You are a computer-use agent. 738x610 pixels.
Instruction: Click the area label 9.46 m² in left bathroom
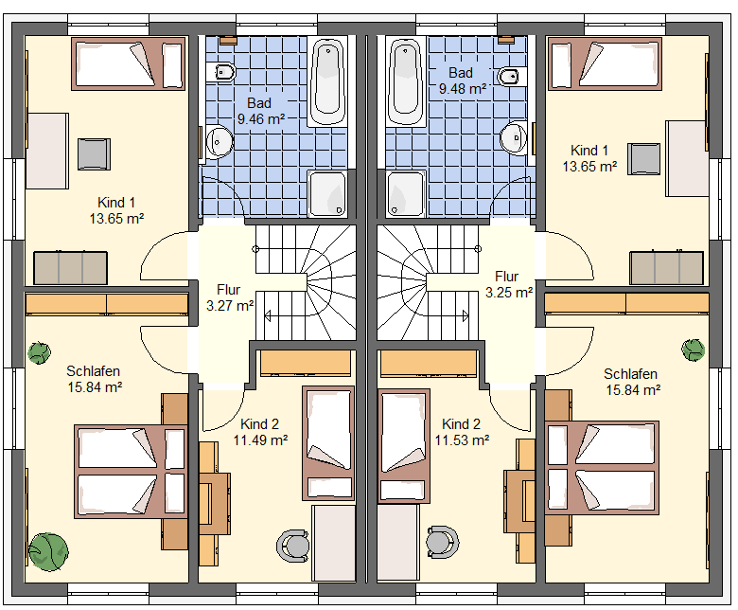coord(261,119)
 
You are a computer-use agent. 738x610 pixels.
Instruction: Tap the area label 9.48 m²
coord(463,88)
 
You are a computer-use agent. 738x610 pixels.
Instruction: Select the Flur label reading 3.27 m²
coord(230,306)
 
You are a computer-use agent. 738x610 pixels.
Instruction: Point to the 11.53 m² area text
coord(462,440)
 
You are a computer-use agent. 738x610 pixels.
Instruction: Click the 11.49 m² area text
coord(261,440)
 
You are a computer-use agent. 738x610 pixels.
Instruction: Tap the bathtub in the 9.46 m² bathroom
coord(328,82)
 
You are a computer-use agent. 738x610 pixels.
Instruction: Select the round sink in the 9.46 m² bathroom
coord(219,141)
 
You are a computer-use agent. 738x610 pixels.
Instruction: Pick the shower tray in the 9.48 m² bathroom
coord(405,194)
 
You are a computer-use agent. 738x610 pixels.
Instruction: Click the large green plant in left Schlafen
coord(48,551)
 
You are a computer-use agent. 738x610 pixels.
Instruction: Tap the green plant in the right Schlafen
coord(694,350)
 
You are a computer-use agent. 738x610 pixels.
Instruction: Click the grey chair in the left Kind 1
coord(94,154)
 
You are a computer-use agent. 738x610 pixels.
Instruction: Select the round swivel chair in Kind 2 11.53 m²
coord(443,542)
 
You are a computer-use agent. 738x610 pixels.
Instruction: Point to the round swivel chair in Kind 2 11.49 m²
coord(292,546)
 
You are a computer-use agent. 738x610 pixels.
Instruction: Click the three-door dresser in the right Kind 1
coord(666,268)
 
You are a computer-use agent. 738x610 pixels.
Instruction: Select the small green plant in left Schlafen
coord(39,352)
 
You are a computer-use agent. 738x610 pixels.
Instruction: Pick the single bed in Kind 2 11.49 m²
coord(328,443)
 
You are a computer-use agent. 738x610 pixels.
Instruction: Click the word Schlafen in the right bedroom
coord(630,374)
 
